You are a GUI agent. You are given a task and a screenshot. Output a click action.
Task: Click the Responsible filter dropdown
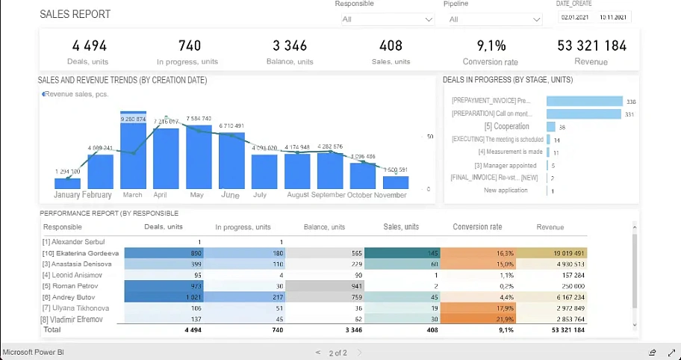click(387, 19)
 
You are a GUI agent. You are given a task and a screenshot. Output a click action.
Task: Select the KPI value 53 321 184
click(591, 46)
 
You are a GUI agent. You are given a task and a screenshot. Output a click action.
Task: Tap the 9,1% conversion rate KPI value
click(491, 46)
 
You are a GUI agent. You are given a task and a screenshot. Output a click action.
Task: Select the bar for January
click(67, 183)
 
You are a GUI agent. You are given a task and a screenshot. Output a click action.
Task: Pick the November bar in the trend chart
click(396, 181)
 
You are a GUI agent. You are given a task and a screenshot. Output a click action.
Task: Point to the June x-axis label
click(230, 195)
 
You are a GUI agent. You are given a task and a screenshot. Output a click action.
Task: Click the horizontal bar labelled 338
click(584, 102)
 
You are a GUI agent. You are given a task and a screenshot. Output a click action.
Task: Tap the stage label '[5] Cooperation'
click(506, 127)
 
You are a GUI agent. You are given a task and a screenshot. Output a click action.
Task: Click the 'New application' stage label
click(506, 190)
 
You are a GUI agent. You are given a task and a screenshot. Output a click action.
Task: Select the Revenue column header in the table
click(550, 227)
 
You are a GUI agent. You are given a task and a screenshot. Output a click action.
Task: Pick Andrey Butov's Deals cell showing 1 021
click(164, 297)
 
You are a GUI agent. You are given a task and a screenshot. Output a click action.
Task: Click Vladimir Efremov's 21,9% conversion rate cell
click(478, 319)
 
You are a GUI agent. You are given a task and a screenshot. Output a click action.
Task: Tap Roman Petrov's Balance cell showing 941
click(326, 286)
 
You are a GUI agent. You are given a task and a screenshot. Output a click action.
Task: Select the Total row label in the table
click(52, 329)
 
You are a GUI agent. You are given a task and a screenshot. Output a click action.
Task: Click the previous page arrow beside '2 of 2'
click(318, 353)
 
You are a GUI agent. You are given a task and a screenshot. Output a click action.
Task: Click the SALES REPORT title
click(75, 14)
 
